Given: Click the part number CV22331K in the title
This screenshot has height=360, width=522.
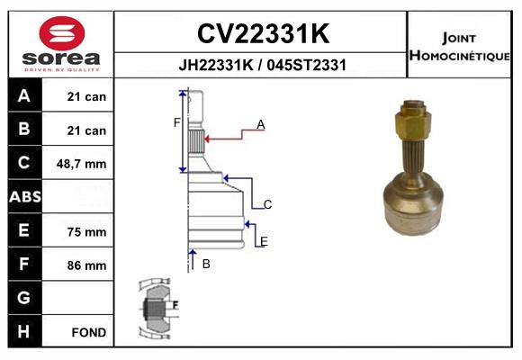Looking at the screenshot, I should pyautogui.click(x=262, y=34).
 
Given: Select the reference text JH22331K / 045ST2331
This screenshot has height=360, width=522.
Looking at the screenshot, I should pyautogui.click(x=262, y=66).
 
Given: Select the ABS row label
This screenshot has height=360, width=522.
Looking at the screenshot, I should pyautogui.click(x=24, y=197).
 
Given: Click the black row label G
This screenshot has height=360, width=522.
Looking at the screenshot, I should pyautogui.click(x=24, y=298).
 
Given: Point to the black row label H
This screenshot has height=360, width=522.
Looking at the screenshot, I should pyautogui.click(x=24, y=332).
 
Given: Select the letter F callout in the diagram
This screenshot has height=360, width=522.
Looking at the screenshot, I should pyautogui.click(x=176, y=122).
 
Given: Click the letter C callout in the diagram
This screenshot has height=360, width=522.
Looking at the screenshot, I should pyautogui.click(x=267, y=205).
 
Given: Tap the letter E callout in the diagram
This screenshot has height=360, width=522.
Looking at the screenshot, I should pyautogui.click(x=264, y=241).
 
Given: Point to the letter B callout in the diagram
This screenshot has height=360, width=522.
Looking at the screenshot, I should pyautogui.click(x=206, y=264).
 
